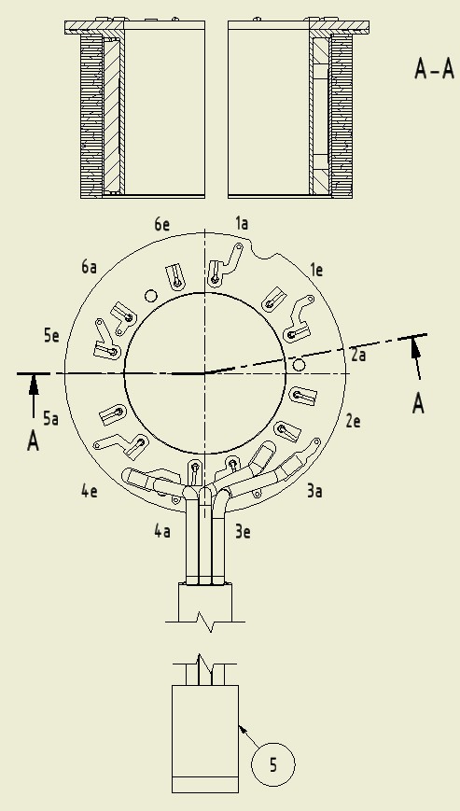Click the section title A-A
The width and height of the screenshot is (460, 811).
434,69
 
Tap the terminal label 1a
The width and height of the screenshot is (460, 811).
242,223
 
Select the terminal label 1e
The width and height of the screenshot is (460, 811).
316,270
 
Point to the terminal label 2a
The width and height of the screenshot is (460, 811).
358,355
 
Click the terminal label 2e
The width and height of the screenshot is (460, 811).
353,421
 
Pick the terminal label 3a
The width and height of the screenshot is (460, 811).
314,491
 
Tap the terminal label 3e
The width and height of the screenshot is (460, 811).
243,532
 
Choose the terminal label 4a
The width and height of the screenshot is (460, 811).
162,531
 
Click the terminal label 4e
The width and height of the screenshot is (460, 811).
90,491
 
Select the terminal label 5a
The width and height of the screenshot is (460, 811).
50,418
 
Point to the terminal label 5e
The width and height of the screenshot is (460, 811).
51,336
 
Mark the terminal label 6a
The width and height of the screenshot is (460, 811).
89,267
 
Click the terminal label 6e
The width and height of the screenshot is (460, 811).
161,225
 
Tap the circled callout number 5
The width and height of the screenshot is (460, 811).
272,764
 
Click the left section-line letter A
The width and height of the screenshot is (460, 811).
33,441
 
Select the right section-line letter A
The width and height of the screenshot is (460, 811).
418,403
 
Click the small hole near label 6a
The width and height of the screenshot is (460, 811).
150,296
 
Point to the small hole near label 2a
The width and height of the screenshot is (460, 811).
299,365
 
